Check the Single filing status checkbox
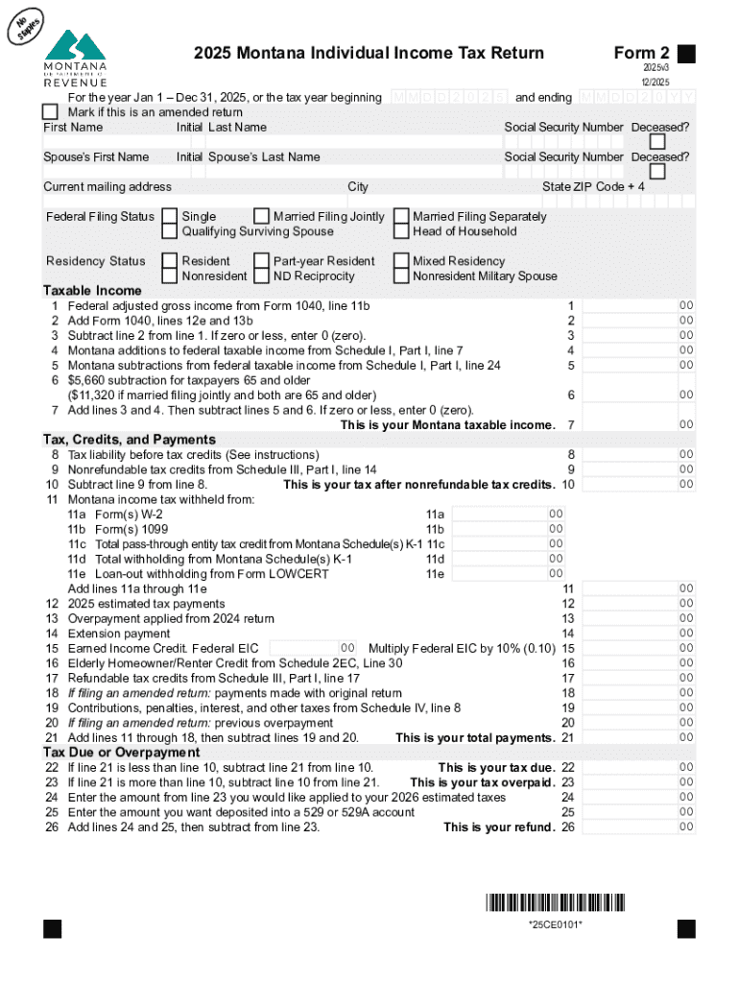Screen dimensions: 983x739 pos(169,217)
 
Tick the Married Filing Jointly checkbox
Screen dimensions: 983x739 pos(261,217)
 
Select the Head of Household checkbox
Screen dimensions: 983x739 pos(400,231)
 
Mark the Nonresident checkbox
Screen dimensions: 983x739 pos(169,276)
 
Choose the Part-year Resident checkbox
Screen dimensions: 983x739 pos(261,261)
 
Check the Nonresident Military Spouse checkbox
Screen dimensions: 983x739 pos(400,276)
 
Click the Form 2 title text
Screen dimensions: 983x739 pos(642,54)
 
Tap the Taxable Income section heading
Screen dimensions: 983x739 pos(92,290)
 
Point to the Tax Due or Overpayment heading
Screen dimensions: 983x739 pos(115,753)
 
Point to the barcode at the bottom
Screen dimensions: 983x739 pos(555,902)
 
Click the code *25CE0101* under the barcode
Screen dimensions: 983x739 pos(555,924)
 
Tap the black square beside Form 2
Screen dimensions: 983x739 pos(686,54)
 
